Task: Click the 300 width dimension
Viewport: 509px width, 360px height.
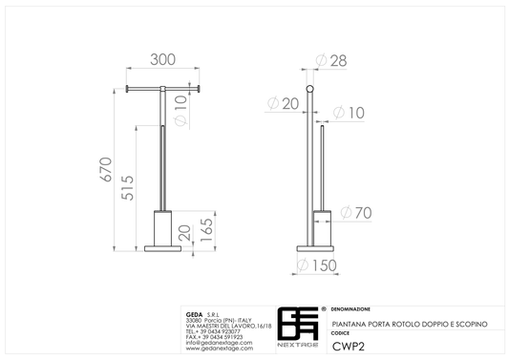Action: pyautogui.click(x=162, y=60)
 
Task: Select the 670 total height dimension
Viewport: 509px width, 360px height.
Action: pyautogui.click(x=106, y=169)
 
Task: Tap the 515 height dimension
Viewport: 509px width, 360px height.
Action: pyautogui.click(x=127, y=188)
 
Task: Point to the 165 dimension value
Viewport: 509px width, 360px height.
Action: pyautogui.click(x=206, y=230)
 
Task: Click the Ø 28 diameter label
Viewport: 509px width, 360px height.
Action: pyautogui.click(x=331, y=61)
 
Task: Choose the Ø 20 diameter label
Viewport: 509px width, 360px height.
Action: pyautogui.click(x=283, y=103)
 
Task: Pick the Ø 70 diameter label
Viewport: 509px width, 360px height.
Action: pyautogui.click(x=356, y=213)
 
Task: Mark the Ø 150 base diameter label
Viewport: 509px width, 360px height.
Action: pyautogui.click(x=317, y=265)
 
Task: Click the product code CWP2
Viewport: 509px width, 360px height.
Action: pyautogui.click(x=349, y=347)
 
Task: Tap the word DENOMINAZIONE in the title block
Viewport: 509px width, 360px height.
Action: pyautogui.click(x=350, y=309)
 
